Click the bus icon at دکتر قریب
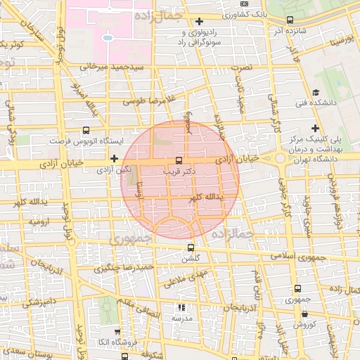tap(179, 160)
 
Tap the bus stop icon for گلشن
tap(191, 247)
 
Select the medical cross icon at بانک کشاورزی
tap(200, 21)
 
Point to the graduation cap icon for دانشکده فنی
tap(316, 92)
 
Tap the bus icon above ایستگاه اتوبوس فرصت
tap(86, 130)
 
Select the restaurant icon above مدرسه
tap(181, 307)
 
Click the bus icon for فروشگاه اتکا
tap(116, 330)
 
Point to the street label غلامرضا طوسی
tap(149, 101)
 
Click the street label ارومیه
tap(39, 221)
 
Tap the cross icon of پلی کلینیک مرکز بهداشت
tap(316, 128)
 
